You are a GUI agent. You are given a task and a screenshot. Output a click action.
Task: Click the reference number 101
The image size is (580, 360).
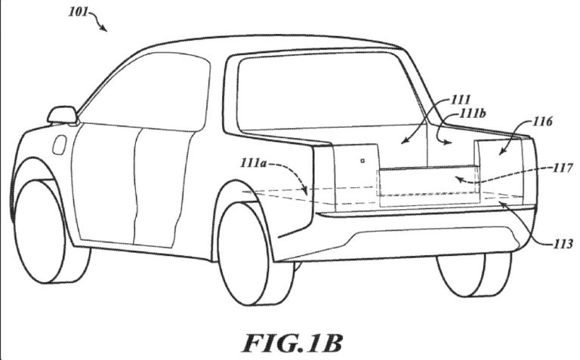78,11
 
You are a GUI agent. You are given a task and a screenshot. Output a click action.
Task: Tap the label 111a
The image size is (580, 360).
254,162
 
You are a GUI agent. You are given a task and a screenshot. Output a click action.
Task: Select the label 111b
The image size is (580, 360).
472,114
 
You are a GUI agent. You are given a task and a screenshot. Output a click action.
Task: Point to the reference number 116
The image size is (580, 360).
542,122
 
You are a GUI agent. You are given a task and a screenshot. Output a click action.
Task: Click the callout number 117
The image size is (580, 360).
563,168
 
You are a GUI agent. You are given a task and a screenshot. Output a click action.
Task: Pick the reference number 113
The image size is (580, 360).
563,244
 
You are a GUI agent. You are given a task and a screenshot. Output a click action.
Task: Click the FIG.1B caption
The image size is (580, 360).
292,343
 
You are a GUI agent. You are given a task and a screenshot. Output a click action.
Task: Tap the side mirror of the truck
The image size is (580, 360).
62,115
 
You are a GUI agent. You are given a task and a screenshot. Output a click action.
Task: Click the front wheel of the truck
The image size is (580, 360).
41,231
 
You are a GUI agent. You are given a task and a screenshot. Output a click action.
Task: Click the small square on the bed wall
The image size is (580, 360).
362,161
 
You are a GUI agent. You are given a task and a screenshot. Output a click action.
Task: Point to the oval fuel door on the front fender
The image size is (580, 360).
59,144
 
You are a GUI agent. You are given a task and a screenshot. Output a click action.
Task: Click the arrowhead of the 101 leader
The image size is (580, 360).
104,29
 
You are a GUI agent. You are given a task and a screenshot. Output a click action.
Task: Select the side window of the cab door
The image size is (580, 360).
146,92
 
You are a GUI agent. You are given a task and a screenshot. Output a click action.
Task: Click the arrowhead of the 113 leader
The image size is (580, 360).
502,204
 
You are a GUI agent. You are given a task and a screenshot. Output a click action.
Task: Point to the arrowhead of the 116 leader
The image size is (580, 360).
501,152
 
